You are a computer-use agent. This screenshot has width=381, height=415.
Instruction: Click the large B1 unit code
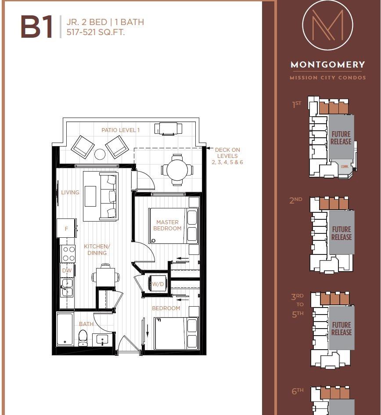[36, 27]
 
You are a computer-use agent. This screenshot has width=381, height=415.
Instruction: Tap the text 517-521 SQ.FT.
[96, 32]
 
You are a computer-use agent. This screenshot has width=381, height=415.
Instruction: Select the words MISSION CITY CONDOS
[328, 78]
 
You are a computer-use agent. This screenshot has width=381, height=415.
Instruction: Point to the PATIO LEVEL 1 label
[120, 130]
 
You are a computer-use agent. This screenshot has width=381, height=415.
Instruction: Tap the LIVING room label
[70, 192]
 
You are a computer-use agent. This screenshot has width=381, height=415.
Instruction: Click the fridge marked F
[67, 229]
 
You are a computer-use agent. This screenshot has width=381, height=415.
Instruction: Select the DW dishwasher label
[67, 271]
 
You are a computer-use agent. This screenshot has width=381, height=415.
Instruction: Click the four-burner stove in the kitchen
[68, 253]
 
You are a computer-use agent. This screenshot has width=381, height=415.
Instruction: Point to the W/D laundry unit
[157, 284]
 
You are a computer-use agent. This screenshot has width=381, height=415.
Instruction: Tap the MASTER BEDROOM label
[168, 225]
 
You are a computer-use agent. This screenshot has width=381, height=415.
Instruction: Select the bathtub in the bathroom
[65, 329]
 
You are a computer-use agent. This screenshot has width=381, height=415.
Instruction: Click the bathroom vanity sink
[103, 340]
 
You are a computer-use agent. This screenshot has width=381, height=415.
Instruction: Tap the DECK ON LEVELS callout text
[227, 156]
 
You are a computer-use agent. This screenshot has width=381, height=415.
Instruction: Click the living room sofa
[108, 196]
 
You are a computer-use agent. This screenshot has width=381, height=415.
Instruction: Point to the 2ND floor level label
[296, 200]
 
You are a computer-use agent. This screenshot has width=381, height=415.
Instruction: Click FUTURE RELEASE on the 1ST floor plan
[341, 138]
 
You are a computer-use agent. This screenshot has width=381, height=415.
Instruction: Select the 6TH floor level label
[298, 391]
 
